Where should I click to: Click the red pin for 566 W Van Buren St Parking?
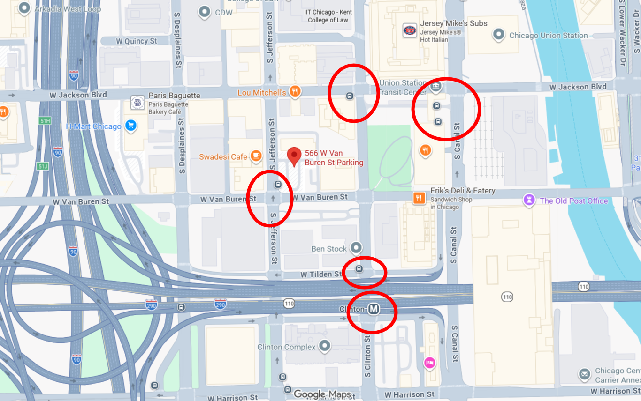(294, 156)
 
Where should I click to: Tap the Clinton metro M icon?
(374, 309)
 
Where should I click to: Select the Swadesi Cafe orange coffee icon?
(256, 156)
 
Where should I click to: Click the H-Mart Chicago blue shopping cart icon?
(131, 126)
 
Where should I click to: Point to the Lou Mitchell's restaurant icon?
(295, 92)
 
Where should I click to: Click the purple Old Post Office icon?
(529, 200)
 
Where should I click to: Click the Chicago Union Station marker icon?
(498, 35)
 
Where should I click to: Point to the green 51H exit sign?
(45, 121)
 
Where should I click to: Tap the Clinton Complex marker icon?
(324, 346)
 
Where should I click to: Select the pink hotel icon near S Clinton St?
(429, 362)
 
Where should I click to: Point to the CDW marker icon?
(205, 12)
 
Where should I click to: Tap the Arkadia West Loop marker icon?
(24, 8)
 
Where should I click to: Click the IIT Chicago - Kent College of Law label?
(328, 16)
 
